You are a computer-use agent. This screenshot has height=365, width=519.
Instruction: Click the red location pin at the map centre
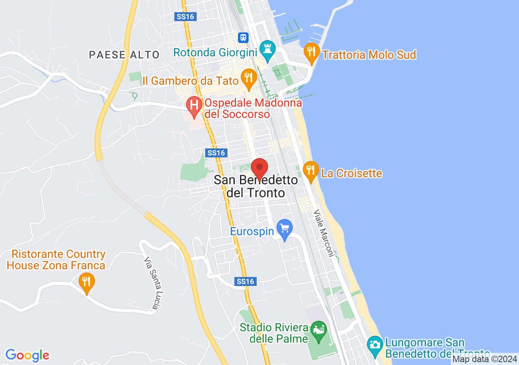pos(259,168)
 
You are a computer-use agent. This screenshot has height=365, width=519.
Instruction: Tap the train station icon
pos(243,38)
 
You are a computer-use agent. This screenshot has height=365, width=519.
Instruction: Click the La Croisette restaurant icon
pos(311,171)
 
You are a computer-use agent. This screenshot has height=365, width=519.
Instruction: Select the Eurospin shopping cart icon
pos(285,229)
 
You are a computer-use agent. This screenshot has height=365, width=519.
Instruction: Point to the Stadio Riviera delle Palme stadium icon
pos(319,331)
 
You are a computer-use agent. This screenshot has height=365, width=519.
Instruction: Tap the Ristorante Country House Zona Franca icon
pos(86,282)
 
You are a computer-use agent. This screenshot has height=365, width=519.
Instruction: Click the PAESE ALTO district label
pos(124,55)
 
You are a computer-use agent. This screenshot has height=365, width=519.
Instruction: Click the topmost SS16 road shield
pos(186,17)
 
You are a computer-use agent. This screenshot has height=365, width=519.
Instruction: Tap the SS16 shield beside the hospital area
pos(216,153)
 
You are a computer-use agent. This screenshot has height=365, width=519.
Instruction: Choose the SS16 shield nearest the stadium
pos(245,281)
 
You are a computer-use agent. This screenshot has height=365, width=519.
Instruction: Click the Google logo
pos(27,356)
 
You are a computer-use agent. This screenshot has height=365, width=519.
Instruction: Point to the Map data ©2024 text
pos(485,359)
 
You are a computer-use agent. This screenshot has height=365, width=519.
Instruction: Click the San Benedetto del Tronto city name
pos(256,186)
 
